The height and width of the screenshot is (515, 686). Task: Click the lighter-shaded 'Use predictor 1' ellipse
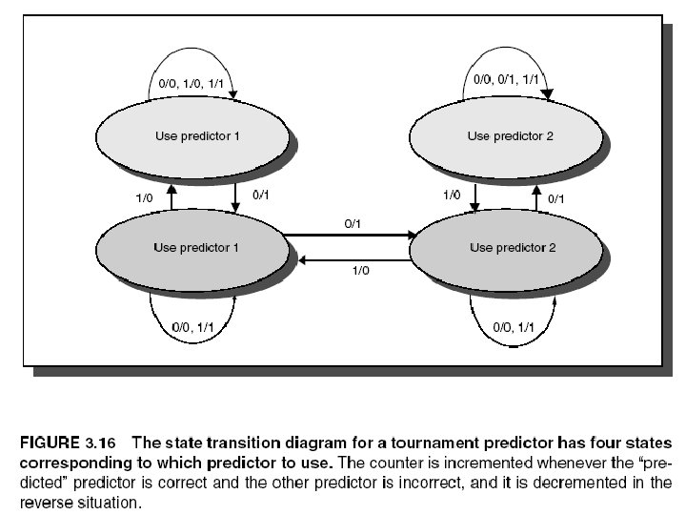196,135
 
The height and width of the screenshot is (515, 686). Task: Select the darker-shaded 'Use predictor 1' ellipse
194,248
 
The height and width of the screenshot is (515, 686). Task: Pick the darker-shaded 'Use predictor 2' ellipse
508,248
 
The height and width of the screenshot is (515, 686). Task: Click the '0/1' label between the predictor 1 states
260,195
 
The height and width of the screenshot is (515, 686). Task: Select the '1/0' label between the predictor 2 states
454,195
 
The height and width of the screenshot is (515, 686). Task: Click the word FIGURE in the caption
50,442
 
